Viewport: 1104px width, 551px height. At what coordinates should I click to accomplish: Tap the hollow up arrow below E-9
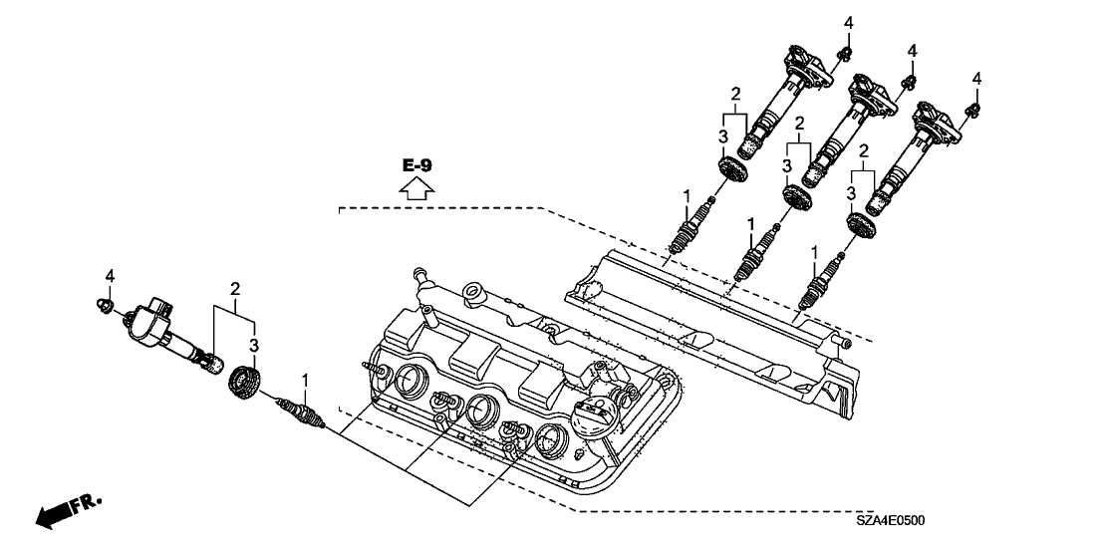click(x=418, y=187)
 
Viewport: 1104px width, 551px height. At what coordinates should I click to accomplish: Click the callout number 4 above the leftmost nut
click(x=111, y=275)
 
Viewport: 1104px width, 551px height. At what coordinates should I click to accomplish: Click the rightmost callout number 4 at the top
click(x=976, y=78)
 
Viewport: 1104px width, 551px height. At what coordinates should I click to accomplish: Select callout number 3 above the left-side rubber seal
click(x=254, y=343)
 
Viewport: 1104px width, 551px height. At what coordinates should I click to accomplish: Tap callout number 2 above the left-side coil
click(x=236, y=289)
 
